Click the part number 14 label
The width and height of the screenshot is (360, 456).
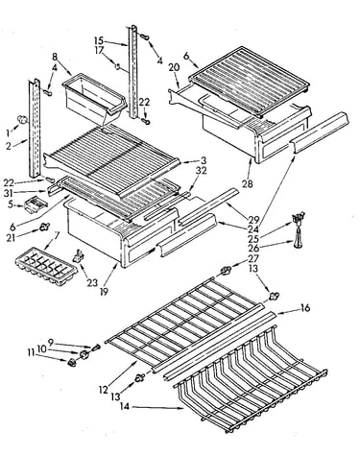pyautogui.click(x=126, y=406)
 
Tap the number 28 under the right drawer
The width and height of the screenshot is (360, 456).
pyautogui.click(x=248, y=183)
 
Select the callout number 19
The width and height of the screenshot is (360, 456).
pyautogui.click(x=104, y=291)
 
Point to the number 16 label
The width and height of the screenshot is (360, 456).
pyautogui.click(x=305, y=308)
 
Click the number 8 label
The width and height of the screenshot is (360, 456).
pyautogui.click(x=55, y=58)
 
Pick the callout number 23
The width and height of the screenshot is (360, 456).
pyautogui.click(x=92, y=282)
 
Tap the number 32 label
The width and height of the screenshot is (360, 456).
pyautogui.click(x=202, y=171)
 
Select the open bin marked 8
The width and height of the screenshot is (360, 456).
pyautogui.click(x=95, y=97)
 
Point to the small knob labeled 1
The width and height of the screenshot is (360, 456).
pyautogui.click(x=22, y=119)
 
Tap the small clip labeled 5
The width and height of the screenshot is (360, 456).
pyautogui.click(x=36, y=204)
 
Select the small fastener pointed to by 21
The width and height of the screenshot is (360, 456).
pyautogui.click(x=44, y=228)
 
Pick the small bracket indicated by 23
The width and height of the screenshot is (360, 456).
pyautogui.click(x=80, y=256)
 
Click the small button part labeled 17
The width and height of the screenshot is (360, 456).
pyautogui.click(x=117, y=66)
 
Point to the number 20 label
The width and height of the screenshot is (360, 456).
pyautogui.click(x=175, y=68)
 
